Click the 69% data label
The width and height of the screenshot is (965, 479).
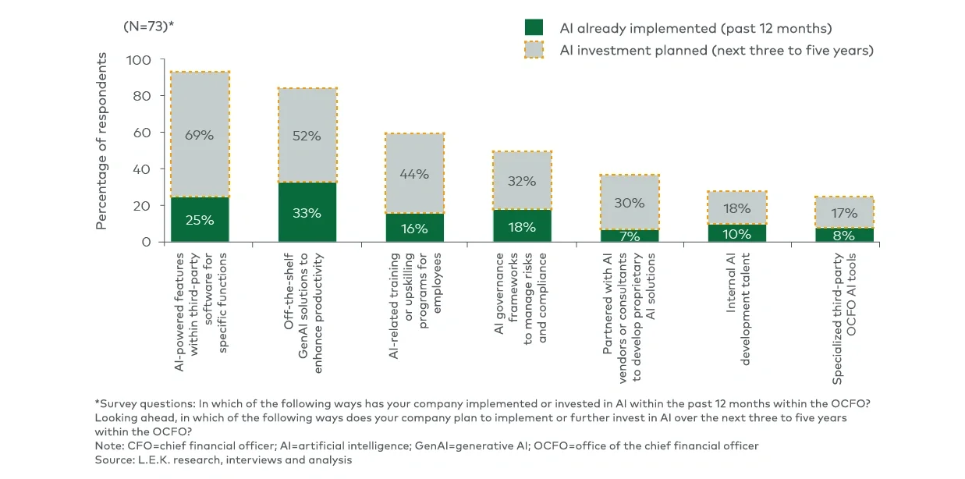200,135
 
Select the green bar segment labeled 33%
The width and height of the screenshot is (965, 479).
307,212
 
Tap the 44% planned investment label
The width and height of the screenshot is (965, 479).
414,174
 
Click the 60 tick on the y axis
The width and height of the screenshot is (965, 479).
142,133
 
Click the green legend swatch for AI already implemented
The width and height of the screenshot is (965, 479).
534,28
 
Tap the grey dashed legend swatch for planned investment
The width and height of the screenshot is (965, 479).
534,50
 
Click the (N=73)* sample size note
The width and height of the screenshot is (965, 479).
148,26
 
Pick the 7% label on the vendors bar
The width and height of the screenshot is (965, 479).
629,236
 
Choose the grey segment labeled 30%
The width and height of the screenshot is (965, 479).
629,202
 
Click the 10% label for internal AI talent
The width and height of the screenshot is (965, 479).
736,233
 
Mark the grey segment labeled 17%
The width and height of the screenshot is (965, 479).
843,212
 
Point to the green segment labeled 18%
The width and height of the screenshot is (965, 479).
522,226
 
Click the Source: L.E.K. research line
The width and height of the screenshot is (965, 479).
223,460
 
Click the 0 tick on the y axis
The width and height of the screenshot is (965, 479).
146,242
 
